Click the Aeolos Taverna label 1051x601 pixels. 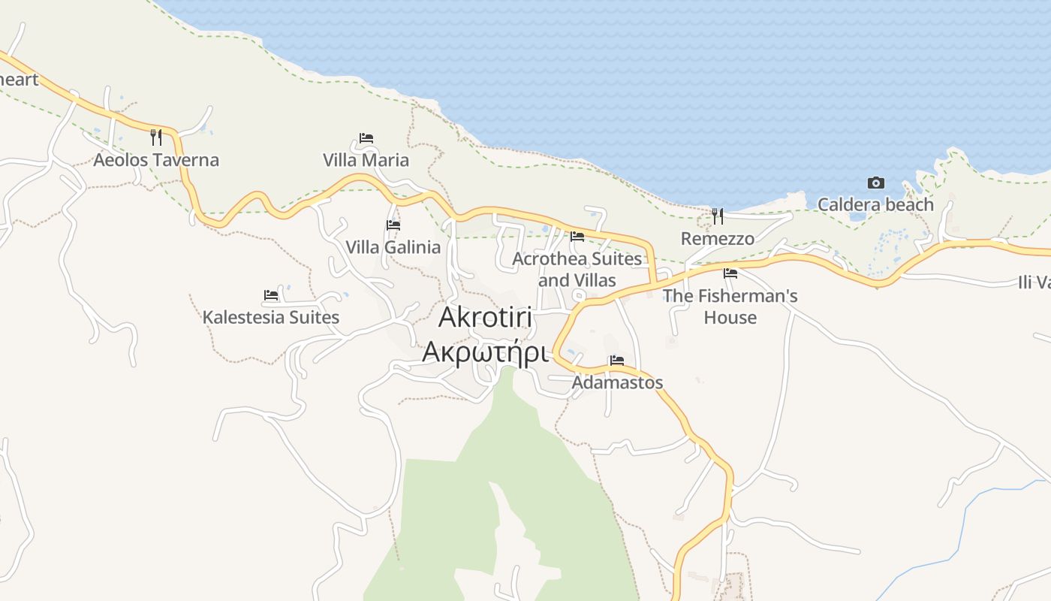[156, 160]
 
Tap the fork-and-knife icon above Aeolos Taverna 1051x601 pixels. [156, 137]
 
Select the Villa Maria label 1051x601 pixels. [366, 160]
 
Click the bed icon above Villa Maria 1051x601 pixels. [366, 138]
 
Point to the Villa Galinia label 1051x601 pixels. [393, 247]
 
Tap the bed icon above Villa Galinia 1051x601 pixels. [393, 225]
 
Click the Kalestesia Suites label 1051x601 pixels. [270, 317]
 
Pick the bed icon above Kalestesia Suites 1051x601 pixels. [271, 295]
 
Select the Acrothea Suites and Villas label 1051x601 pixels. [577, 270]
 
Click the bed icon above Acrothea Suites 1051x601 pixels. [577, 237]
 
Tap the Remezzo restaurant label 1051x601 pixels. [717, 239]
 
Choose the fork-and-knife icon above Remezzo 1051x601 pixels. [718, 216]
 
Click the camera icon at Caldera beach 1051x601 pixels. [875, 183]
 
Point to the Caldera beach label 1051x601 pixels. [875, 204]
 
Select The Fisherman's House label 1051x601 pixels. [730, 307]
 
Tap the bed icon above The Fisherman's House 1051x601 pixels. [730, 273]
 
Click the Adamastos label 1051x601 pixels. [617, 382]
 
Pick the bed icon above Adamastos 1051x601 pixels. [617, 361]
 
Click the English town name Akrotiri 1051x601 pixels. [485, 317]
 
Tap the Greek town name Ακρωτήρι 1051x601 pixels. [485, 351]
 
